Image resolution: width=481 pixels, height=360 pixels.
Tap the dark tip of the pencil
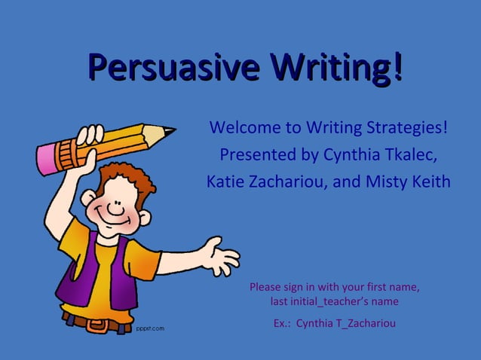[x=171, y=131]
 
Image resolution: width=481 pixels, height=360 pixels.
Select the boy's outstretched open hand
[x=220, y=256]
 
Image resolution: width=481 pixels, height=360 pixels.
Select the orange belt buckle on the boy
[x=97, y=326]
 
